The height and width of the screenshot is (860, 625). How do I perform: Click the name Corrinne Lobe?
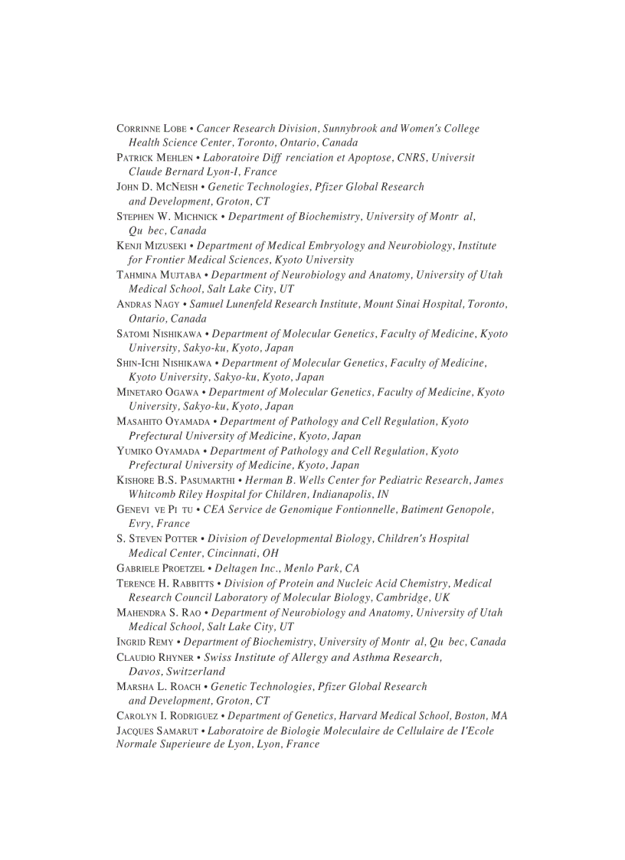coord(151,129)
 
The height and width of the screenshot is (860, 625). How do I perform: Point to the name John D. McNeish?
coord(157,187)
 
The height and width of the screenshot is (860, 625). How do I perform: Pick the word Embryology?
coord(336,246)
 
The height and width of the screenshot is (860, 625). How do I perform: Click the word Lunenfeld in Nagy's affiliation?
coord(250,304)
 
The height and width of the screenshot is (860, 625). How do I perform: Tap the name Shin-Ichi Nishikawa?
coord(165,363)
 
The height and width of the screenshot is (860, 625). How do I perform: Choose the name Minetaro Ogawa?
coord(158,392)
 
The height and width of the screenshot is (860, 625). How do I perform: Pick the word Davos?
coord(145,672)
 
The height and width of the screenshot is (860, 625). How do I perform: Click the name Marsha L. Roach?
coord(160,687)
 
